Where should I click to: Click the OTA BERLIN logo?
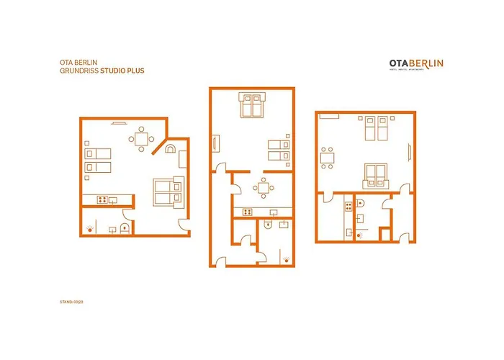pyautogui.click(x=416, y=65)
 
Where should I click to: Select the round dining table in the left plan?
pyautogui.click(x=141, y=138)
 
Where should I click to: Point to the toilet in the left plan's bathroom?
pyautogui.click(x=126, y=230)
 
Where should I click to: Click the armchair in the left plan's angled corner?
pyautogui.click(x=171, y=150)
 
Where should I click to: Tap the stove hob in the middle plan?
pyautogui.click(x=247, y=212)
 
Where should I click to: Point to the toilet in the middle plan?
pyautogui.click(x=269, y=225)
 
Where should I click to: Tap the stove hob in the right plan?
pyautogui.click(x=348, y=206)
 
